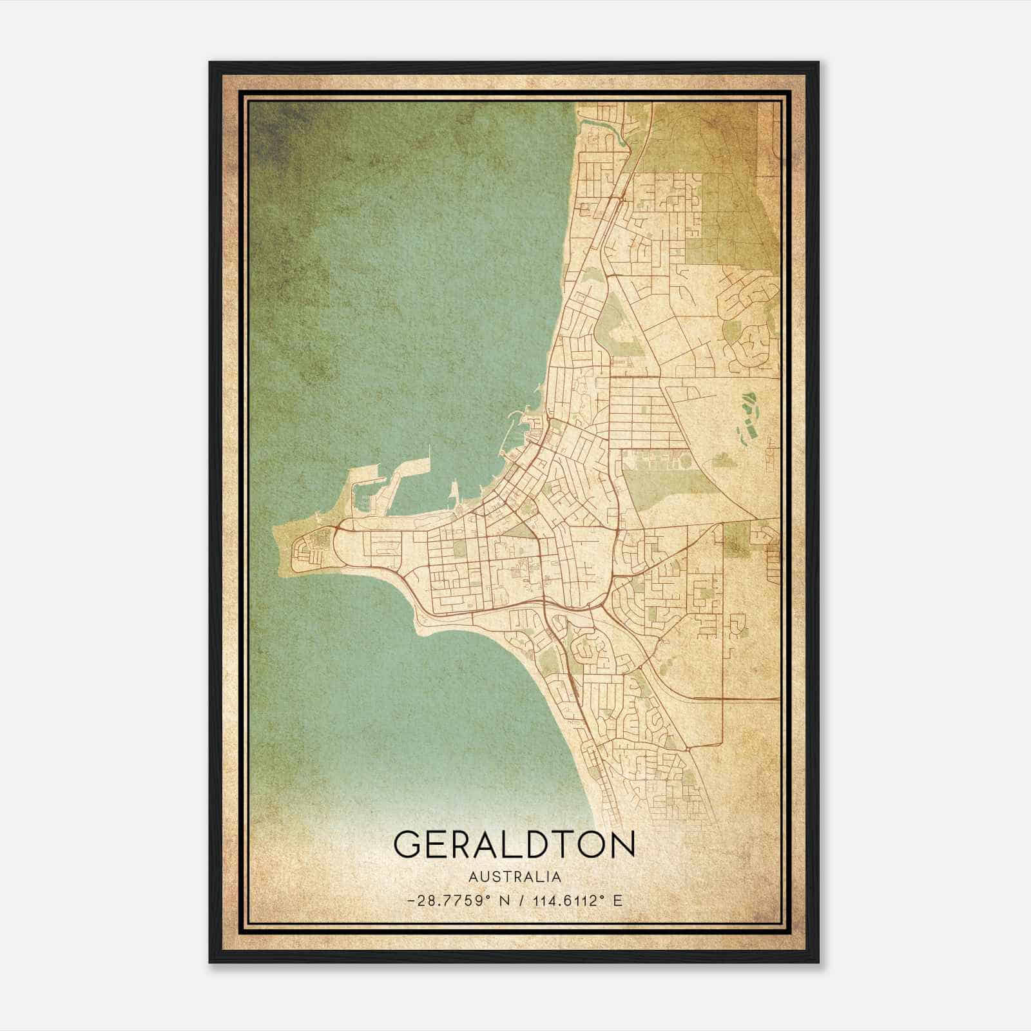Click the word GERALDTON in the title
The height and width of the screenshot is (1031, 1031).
(514, 844)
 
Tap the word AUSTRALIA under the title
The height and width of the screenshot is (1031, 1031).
(514, 877)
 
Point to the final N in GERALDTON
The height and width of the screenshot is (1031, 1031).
(621, 844)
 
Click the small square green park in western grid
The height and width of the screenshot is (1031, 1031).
(458, 548)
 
